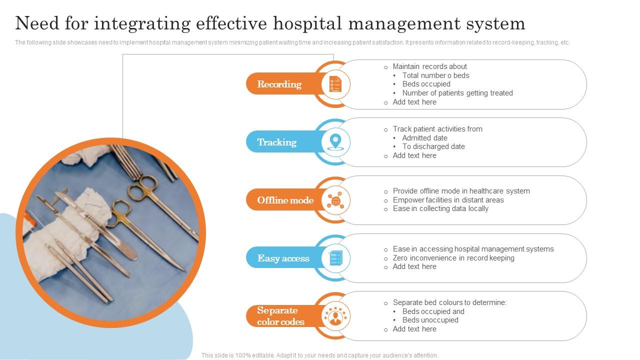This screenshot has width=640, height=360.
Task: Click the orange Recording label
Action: click(279, 84)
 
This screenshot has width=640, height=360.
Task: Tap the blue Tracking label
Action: click(277, 142)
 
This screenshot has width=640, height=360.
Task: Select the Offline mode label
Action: click(285, 200)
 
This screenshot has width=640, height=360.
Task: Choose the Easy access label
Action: click(283, 258)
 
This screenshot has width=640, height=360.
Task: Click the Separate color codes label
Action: click(280, 316)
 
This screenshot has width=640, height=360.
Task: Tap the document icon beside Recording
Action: click(335, 84)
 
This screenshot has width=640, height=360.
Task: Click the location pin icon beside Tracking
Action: click(335, 142)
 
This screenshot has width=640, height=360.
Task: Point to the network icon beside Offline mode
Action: click(335, 200)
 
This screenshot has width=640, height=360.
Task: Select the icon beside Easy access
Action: click(335, 258)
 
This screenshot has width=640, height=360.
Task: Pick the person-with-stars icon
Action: click(335, 316)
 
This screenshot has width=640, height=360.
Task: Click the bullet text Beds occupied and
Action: click(433, 311)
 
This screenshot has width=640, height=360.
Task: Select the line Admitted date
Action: click(424, 138)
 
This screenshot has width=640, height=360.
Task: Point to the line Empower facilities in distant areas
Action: click(448, 200)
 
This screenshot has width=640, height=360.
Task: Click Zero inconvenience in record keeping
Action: click(453, 258)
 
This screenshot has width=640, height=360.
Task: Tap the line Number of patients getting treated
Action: click(457, 93)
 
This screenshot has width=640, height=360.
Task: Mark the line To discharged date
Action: click(433, 146)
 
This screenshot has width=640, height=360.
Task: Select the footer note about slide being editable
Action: click(319, 355)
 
